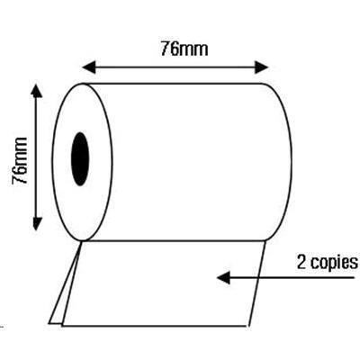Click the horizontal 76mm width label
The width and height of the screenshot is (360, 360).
coord(184,49)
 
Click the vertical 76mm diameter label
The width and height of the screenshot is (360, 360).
coord(19,160)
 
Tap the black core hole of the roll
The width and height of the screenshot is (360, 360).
coord(80,159)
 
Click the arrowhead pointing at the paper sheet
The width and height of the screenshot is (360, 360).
coord(223,277)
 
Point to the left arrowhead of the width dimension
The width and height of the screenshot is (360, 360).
coord(88,67)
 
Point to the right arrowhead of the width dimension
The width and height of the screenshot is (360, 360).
coord(261,67)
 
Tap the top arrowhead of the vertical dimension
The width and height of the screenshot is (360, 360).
coord(37,91)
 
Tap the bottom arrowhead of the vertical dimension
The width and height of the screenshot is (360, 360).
coord(37,223)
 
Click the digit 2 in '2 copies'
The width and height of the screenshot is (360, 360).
coord(301,261)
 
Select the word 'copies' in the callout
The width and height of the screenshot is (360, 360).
coord(335,264)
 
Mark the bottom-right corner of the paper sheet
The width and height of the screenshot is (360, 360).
coord(248,326)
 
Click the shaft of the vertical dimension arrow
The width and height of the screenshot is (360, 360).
coord(37,157)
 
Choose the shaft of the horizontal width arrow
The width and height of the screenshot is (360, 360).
coord(175,67)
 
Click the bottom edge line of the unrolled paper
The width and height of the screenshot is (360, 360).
coord(155,325)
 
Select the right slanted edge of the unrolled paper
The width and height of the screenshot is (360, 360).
coord(257,283)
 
